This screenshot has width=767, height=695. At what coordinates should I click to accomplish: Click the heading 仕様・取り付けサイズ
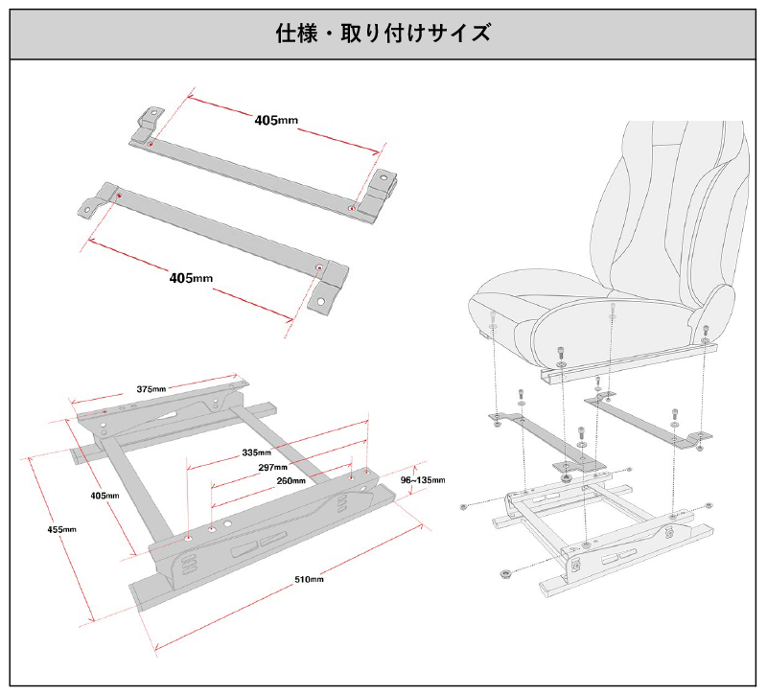coord(383,33)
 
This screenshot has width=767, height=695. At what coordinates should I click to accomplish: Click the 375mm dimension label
coord(151,389)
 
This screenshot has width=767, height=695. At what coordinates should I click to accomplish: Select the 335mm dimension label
coord(257,452)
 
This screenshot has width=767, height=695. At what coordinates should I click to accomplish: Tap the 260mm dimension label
coord(291,480)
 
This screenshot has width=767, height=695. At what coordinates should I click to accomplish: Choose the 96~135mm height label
coord(423,479)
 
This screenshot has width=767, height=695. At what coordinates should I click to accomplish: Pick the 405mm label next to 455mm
coord(105,496)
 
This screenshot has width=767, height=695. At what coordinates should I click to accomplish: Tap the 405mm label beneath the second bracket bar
coord(191,278)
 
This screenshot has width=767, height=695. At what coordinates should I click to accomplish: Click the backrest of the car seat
coord(671,211)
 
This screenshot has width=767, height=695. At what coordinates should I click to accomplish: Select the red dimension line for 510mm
coord(288,594)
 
